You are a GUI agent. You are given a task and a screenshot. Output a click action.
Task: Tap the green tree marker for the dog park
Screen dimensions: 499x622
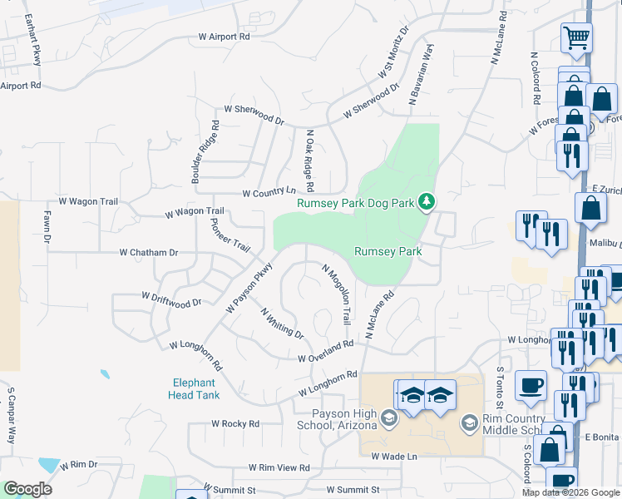click(427, 200)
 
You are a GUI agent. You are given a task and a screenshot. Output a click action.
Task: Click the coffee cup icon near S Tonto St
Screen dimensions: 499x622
click(531, 385)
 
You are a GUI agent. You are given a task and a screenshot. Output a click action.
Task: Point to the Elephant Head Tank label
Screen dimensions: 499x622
click(196, 389)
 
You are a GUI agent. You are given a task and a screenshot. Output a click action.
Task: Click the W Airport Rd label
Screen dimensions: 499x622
click(225, 37)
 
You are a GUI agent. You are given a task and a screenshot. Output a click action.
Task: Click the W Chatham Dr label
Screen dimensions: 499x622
click(149, 252)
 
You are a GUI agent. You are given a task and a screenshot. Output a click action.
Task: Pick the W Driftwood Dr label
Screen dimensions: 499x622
click(172, 297)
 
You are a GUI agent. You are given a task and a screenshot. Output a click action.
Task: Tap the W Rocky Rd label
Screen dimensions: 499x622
click(235, 423)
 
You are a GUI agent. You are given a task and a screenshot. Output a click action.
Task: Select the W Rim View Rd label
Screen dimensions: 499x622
click(284, 468)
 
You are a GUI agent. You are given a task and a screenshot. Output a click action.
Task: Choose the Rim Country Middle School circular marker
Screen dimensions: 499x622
click(469, 423)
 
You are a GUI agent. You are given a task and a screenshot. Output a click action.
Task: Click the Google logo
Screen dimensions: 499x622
click(27, 489)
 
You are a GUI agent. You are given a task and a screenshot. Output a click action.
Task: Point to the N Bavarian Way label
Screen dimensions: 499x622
click(422, 75)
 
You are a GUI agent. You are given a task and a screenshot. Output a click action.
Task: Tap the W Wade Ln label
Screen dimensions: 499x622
click(393, 457)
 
